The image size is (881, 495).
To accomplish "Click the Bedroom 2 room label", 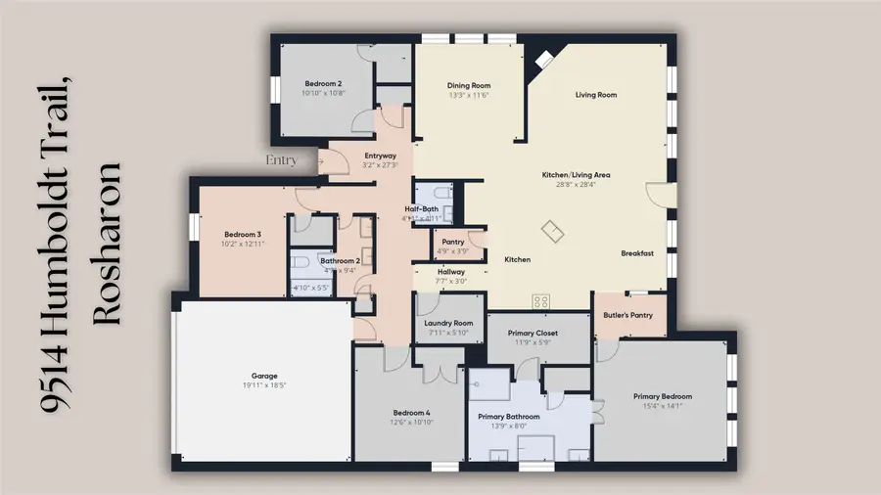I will click(x=323, y=84).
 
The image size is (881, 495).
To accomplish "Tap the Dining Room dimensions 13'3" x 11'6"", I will click(x=468, y=96).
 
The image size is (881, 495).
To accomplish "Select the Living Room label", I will click(x=595, y=95).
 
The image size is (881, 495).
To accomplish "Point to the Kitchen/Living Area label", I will click(x=576, y=175).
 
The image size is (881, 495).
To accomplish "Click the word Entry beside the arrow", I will click(x=282, y=159).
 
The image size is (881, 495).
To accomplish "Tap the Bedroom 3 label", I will click(x=243, y=235).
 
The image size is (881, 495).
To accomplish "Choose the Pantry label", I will click(x=452, y=242).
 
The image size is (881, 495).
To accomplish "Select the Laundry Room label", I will click(x=449, y=323).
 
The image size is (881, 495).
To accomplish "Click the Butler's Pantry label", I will click(x=628, y=316).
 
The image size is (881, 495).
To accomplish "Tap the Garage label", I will click(x=264, y=376).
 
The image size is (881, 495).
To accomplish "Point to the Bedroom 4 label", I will click(x=411, y=413).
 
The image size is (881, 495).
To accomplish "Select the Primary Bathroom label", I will click(x=508, y=417).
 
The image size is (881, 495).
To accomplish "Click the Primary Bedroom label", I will click(x=663, y=396).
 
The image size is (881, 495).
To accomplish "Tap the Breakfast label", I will click(x=637, y=253).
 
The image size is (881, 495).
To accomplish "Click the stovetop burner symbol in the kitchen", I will click(x=540, y=300).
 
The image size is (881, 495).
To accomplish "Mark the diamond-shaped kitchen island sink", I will click(x=554, y=232).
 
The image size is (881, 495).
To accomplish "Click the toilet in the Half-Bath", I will click(x=440, y=193).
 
